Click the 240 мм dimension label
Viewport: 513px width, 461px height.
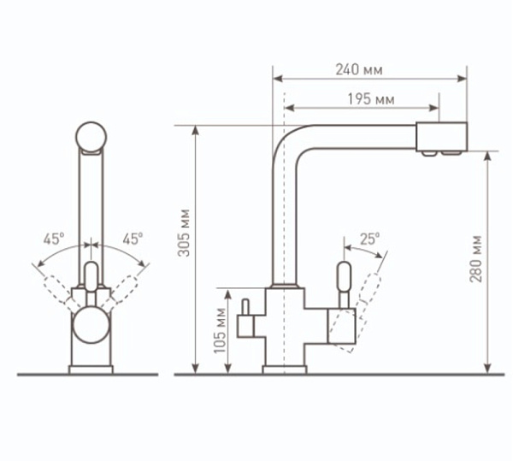[x=359, y=69]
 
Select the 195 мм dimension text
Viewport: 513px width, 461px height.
[x=371, y=99]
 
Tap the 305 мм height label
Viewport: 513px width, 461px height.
[x=184, y=233]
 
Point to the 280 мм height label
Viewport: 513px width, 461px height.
[x=476, y=259]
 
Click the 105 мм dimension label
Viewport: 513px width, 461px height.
[x=221, y=331]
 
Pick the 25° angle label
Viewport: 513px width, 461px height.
[x=370, y=239]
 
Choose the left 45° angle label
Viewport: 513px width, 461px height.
[x=54, y=239]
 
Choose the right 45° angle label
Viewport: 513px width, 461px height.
[x=133, y=239]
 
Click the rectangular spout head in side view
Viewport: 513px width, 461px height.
[x=442, y=137]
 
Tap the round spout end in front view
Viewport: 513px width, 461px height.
[x=91, y=138]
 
